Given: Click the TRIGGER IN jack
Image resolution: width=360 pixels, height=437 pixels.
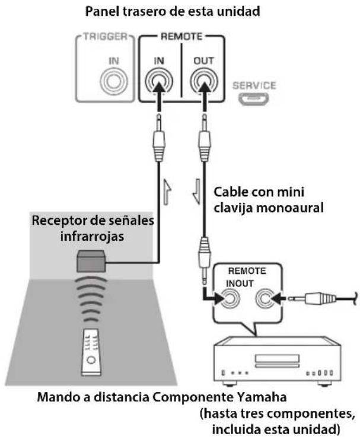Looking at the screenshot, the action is pyautogui.click(x=114, y=81).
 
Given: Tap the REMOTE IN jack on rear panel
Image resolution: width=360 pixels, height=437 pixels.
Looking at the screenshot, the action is pyautogui.click(x=159, y=81).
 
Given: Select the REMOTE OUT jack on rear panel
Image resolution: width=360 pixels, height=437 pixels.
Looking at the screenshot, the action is pyautogui.click(x=204, y=81).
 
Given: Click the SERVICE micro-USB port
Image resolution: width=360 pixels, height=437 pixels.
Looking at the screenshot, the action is pyautogui.click(x=253, y=99).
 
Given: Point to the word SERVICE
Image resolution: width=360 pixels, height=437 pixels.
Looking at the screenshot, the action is pyautogui.click(x=254, y=85).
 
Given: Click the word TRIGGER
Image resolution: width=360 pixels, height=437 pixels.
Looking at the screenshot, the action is pyautogui.click(x=105, y=37).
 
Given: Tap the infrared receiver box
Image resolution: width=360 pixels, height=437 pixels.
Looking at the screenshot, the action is pyautogui.click(x=91, y=261).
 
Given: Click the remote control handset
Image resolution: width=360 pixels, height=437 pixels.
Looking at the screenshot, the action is pyautogui.click(x=91, y=352).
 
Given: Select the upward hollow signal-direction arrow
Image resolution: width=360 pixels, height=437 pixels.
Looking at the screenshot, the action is pyautogui.click(x=167, y=192).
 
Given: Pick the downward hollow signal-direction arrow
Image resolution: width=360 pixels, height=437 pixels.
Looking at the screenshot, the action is pyautogui.click(x=196, y=192).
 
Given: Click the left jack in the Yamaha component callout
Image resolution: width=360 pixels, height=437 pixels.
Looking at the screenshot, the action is pyautogui.click(x=230, y=299).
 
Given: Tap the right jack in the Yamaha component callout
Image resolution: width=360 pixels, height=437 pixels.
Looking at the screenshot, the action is pyautogui.click(x=265, y=299).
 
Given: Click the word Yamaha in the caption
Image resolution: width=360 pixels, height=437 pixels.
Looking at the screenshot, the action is pyautogui.click(x=262, y=397).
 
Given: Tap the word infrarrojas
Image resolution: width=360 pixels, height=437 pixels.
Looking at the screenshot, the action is pyautogui.click(x=92, y=237).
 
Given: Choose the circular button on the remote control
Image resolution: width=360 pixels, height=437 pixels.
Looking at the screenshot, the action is pyautogui.click(x=91, y=360).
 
